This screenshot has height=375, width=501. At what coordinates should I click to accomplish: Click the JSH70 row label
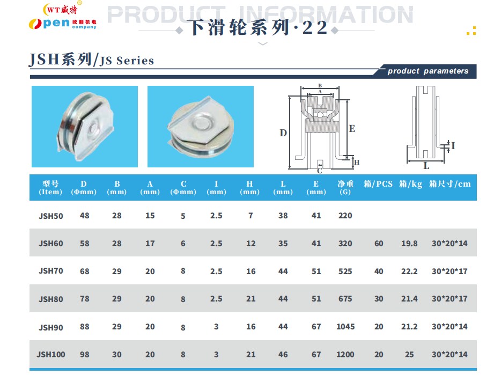(x=51, y=271)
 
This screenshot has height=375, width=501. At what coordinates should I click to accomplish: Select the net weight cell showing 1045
(x=345, y=327)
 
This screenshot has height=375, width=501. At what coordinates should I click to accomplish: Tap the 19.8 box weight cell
(x=409, y=244)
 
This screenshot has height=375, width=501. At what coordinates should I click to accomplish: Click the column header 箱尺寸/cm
(x=450, y=184)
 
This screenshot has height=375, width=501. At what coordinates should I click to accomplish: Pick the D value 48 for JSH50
(x=84, y=216)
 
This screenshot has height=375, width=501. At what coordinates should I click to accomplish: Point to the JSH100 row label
(x=51, y=355)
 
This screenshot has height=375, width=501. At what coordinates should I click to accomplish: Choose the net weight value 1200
(x=345, y=355)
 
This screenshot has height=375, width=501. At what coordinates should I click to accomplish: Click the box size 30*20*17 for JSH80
(x=450, y=299)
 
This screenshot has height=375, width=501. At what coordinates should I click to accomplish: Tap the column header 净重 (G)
(x=345, y=188)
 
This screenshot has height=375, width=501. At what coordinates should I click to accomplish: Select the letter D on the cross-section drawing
(x=283, y=133)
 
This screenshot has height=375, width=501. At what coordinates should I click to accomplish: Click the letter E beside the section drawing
(x=352, y=129)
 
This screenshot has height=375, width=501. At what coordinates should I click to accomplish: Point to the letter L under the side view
(x=426, y=166)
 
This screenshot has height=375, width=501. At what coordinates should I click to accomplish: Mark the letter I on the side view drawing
(x=453, y=146)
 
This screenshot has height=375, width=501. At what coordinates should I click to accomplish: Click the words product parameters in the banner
(x=428, y=71)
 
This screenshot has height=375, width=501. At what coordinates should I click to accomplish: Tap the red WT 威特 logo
(x=61, y=9)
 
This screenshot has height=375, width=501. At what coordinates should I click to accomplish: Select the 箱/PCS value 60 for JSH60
(x=379, y=244)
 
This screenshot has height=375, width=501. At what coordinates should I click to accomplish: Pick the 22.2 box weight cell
(x=409, y=271)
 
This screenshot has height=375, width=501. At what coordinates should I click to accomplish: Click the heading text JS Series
(x=127, y=61)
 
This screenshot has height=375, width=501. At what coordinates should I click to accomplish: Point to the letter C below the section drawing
(x=320, y=171)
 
